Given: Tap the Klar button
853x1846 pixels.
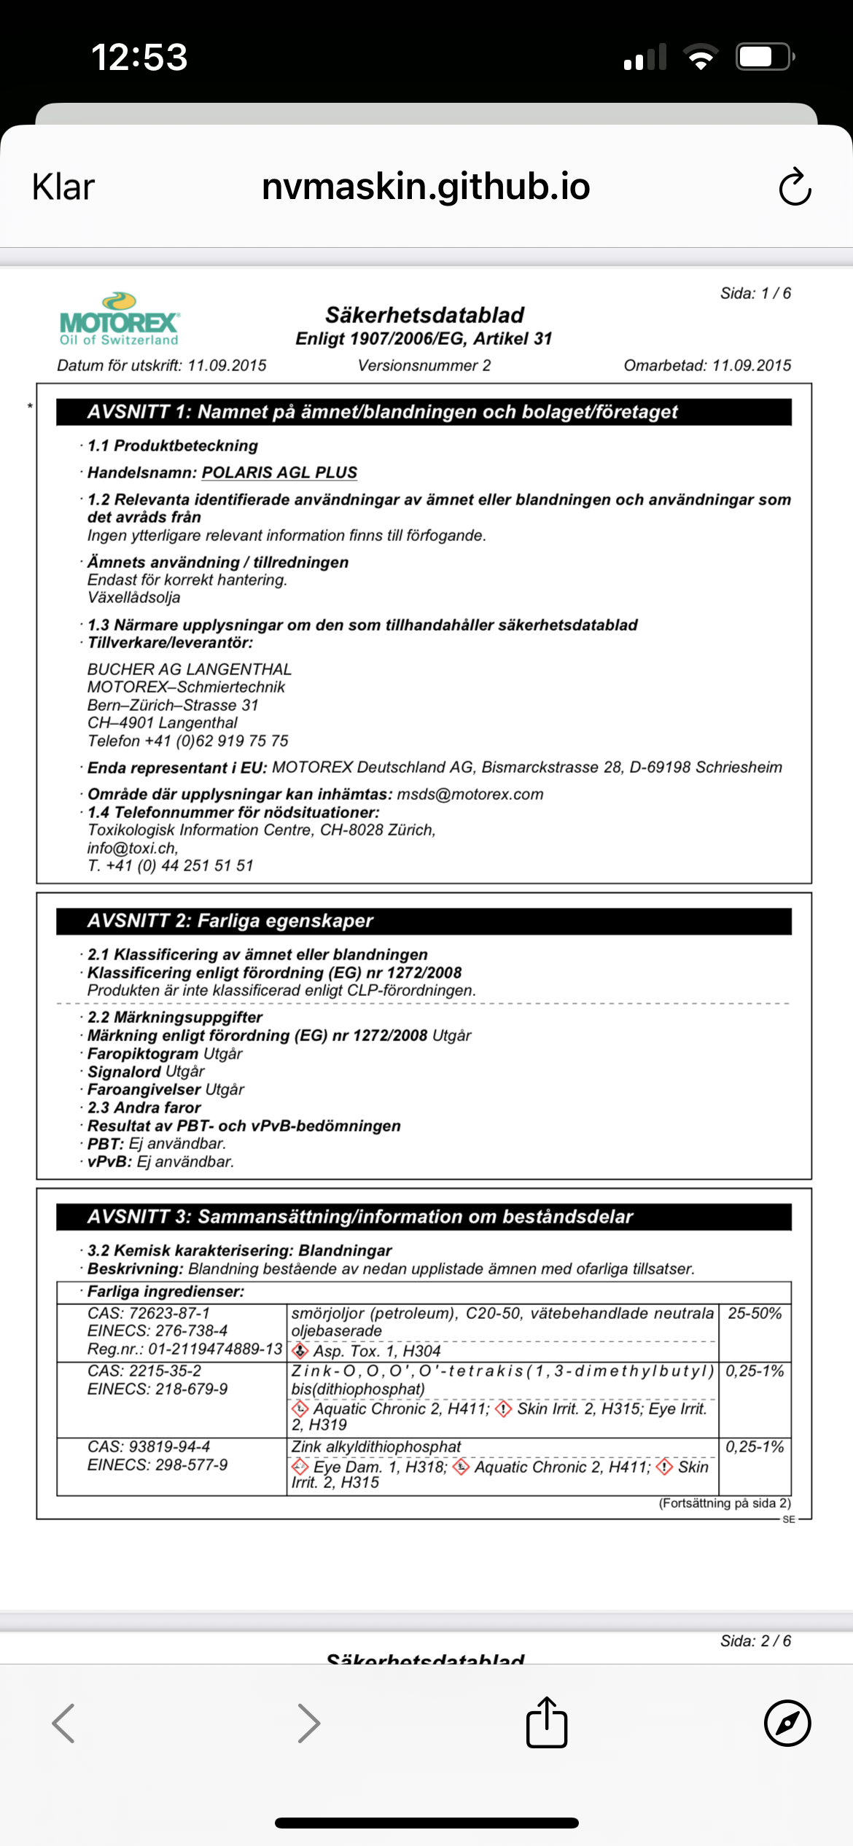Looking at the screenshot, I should click(63, 187).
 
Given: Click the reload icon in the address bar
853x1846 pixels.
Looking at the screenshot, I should click(794, 187).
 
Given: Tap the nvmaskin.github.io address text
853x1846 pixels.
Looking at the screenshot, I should click(426, 187).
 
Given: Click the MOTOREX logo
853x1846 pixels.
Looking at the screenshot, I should click(120, 319).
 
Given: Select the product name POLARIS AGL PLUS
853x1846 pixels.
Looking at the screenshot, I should click(279, 472).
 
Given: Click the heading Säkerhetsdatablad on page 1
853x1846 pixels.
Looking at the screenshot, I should click(424, 315).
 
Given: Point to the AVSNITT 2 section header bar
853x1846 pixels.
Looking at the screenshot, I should click(424, 921).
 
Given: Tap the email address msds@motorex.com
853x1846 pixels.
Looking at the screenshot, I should click(470, 794).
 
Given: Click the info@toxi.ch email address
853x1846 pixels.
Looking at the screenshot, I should click(132, 848).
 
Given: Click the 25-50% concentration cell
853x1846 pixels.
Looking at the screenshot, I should click(755, 1313).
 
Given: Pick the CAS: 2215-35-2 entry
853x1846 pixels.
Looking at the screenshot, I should click(144, 1371).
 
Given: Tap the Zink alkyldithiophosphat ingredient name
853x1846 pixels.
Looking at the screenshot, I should click(376, 1446).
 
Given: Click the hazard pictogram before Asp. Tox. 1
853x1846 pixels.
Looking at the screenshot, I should click(300, 1351).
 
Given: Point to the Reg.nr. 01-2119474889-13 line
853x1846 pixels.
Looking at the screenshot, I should click(184, 1349).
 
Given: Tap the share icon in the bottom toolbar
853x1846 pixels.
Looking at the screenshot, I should click(547, 1723).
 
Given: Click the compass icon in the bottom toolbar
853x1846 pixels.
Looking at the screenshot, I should click(787, 1723).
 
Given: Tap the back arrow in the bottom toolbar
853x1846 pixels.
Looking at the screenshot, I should click(64, 1723).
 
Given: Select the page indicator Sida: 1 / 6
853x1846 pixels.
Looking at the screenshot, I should click(755, 293).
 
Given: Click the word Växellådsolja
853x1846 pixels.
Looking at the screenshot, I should click(134, 597).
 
